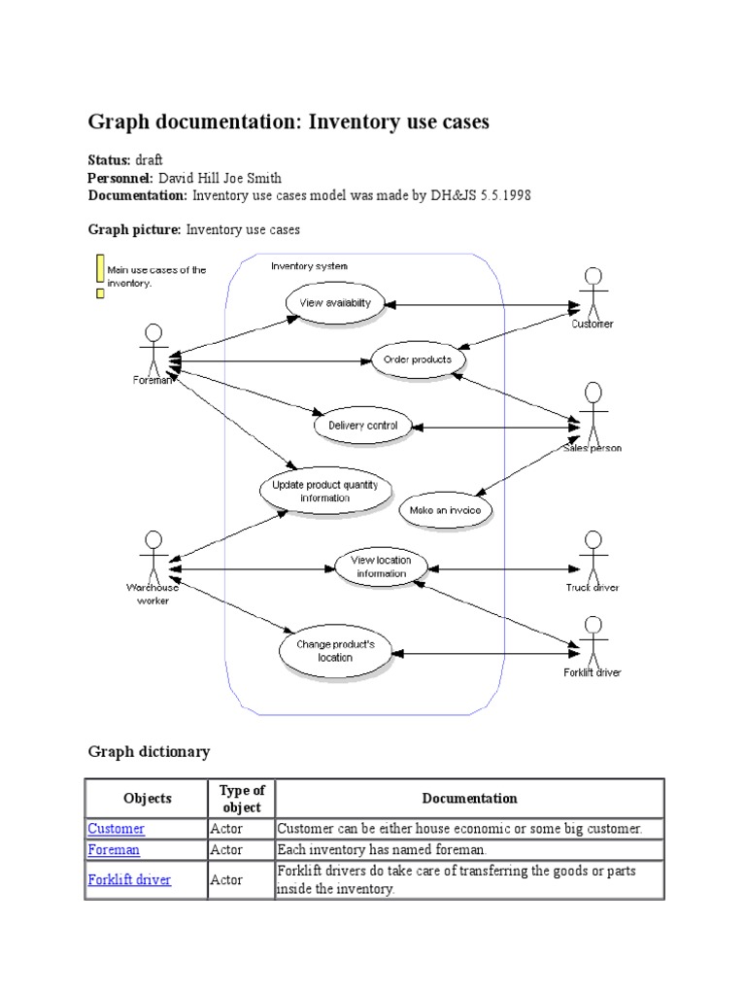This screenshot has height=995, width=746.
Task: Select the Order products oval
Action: coord(419,360)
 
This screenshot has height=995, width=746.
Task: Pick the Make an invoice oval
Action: coord(446,510)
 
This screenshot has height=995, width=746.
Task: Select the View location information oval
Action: coord(381,566)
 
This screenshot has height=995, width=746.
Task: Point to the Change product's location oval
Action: coord(334,651)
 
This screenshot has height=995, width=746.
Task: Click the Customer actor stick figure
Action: coord(592,291)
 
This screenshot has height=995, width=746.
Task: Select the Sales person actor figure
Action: coord(593,412)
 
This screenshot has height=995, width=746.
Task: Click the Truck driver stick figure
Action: coord(593,554)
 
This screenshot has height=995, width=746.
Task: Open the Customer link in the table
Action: coord(117,829)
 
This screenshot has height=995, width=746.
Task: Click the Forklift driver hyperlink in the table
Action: coord(129,880)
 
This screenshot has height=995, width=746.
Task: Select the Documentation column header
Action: coord(469,799)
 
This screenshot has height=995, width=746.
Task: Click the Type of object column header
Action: coord(242,799)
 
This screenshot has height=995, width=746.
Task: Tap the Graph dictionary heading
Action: coord(149,752)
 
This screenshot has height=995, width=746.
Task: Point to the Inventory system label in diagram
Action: coord(309,265)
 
